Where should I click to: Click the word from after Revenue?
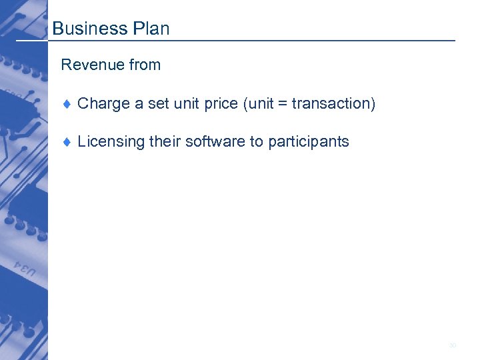145,65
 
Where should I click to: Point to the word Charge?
103,104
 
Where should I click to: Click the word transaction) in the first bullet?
334,104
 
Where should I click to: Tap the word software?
215,142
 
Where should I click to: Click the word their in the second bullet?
165,142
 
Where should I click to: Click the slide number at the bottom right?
453,345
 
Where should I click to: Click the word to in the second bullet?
257,142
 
